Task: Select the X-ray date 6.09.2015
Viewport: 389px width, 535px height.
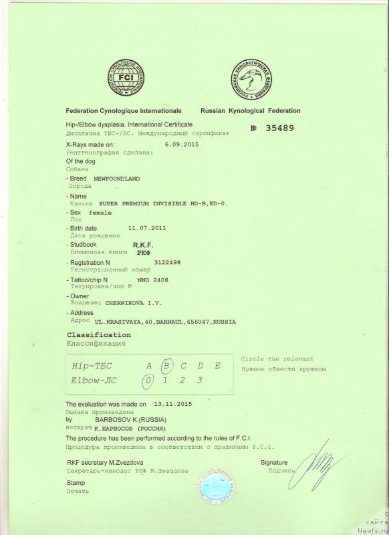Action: (x=181, y=144)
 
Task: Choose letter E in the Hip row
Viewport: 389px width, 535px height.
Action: (x=217, y=365)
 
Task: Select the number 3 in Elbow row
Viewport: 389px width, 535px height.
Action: (x=200, y=381)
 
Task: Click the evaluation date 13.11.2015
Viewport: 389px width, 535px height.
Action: (x=172, y=405)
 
